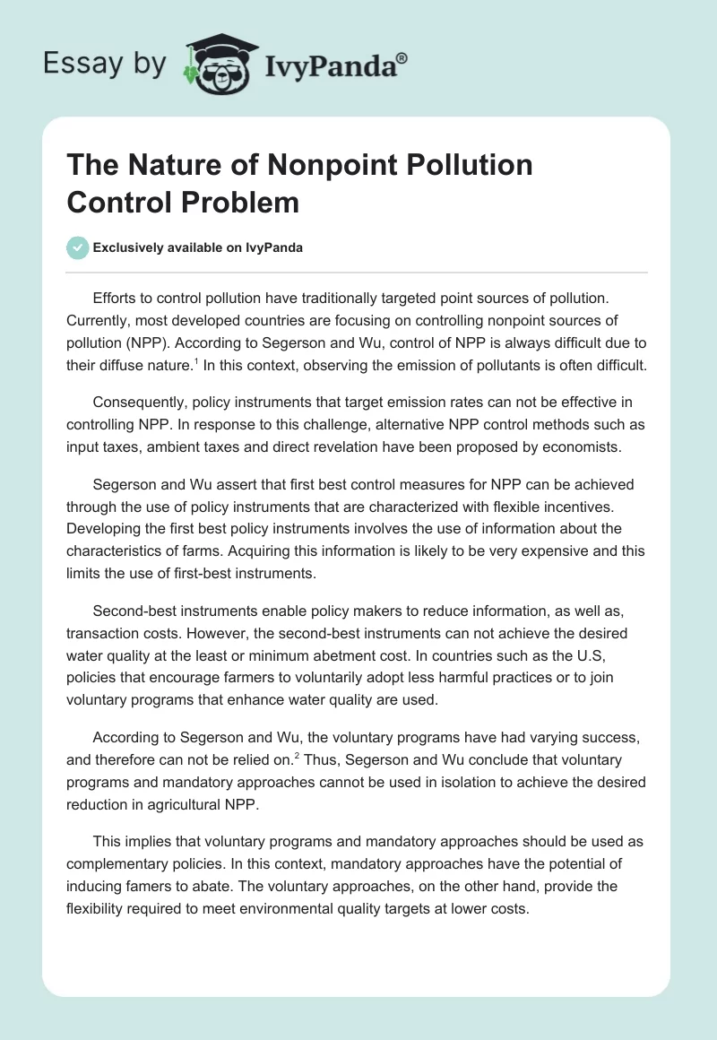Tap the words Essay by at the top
106,64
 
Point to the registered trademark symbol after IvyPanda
402,56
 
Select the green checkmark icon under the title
78,247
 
